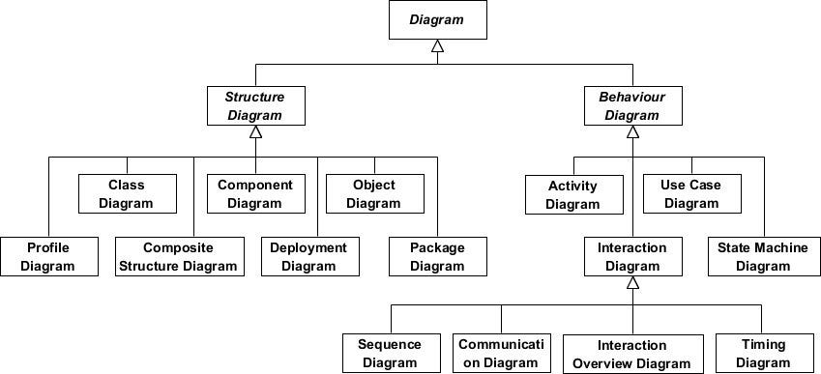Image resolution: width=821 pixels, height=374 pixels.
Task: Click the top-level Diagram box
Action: pyautogui.click(x=437, y=19)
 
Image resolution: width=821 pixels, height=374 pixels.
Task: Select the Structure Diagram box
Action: pyautogui.click(x=254, y=106)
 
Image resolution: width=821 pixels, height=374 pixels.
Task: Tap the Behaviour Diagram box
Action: pyautogui.click(x=631, y=106)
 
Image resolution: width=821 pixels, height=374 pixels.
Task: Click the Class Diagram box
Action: pyautogui.click(x=127, y=193)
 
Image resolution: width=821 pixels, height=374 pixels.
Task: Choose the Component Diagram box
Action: pyautogui.click(x=255, y=193)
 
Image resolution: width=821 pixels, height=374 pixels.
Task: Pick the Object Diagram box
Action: pyautogui.click(x=373, y=193)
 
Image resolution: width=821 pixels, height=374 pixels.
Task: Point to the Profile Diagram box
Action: pyautogui.click(x=48, y=256)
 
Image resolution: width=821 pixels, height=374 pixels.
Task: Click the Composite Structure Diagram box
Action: pyautogui.click(x=178, y=256)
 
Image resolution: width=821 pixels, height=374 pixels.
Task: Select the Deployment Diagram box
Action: pyautogui.click(x=308, y=256)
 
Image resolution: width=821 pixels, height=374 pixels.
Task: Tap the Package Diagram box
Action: pyautogui.click(x=438, y=256)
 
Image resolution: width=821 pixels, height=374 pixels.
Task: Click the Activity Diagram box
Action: pyautogui.click(x=572, y=194)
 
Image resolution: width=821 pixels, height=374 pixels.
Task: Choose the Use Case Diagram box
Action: pyautogui.click(x=691, y=193)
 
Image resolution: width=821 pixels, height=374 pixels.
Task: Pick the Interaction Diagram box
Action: pyautogui.click(x=632, y=256)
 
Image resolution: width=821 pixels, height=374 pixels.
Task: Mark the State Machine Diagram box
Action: pyautogui.click(x=763, y=256)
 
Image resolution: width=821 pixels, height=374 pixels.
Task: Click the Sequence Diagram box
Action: pyautogui.click(x=390, y=354)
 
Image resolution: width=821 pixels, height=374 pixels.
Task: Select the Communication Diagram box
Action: pyautogui.click(x=502, y=354)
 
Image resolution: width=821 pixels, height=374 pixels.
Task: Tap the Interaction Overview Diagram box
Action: pyautogui.click(x=632, y=354)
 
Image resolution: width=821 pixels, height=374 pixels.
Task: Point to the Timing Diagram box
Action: pyautogui.click(x=763, y=354)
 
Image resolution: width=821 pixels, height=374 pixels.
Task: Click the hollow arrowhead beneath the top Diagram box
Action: pyautogui.click(x=437, y=46)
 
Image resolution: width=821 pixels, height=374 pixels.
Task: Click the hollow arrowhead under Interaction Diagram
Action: pyautogui.click(x=632, y=284)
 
